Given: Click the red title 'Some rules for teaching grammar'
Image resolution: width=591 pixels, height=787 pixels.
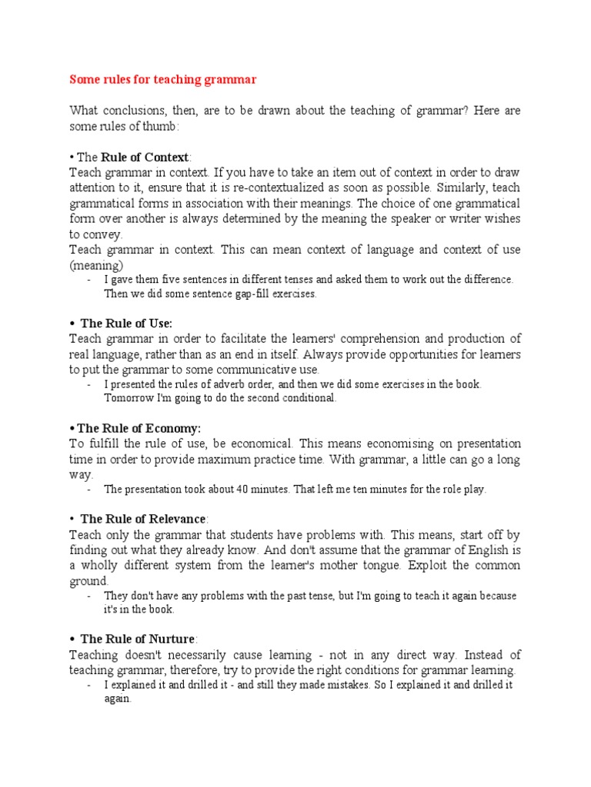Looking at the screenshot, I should (163, 79).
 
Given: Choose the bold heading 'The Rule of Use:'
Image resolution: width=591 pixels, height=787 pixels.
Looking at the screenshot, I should (126, 323).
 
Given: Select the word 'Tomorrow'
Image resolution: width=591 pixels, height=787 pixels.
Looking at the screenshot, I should (129, 398).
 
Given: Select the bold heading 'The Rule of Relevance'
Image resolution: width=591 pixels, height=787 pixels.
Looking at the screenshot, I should (142, 519).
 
